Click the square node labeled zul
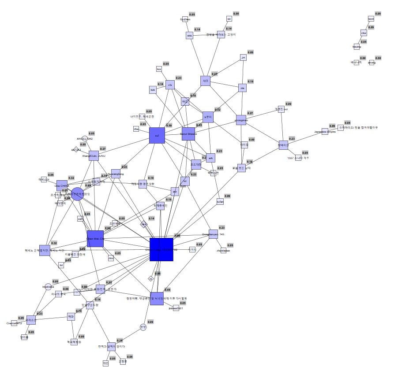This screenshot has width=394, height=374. [157, 135]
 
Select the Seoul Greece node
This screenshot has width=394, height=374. [188, 133]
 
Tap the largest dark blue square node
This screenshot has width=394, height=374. [161, 249]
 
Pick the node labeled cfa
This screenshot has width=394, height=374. [170, 85]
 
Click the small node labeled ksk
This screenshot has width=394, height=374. [153, 90]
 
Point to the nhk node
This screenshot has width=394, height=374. [189, 35]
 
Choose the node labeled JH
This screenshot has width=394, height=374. [243, 58]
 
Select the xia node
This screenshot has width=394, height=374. [242, 88]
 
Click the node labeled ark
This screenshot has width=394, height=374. [211, 158]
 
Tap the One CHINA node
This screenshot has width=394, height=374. [62, 186]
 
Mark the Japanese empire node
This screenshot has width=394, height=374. [325, 131]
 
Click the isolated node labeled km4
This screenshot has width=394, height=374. [371, 19]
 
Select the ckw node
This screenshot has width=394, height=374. [364, 33]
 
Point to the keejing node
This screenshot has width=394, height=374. [356, 47]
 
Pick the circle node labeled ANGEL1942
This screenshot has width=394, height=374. [84, 139]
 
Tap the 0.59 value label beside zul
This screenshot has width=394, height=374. [169, 126]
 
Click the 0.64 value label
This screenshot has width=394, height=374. [108, 228]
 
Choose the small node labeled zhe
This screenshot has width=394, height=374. [136, 129]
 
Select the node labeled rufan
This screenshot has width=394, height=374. [220, 202]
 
